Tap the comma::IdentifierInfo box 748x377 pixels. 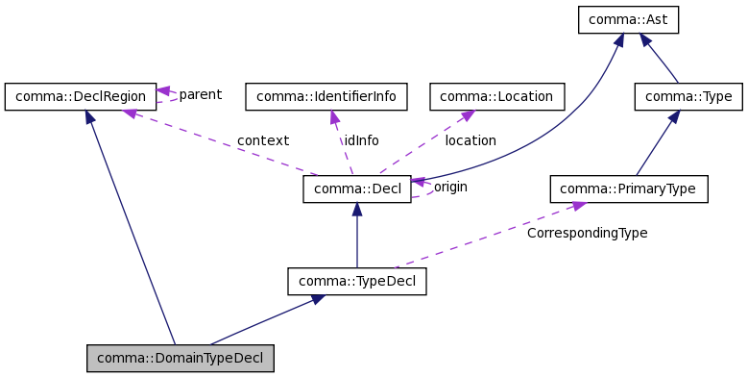[x=326, y=96]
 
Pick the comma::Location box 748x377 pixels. [x=497, y=96]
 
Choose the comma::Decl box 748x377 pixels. [x=357, y=188]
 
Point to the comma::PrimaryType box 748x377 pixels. [x=629, y=188]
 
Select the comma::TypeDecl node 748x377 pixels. [x=357, y=282]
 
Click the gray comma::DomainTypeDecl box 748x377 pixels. [x=181, y=358]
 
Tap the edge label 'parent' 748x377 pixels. [x=200, y=94]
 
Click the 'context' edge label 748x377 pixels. [x=263, y=140]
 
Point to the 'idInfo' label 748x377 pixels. [x=362, y=140]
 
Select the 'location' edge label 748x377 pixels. [x=471, y=140]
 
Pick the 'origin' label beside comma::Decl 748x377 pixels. [x=450, y=187]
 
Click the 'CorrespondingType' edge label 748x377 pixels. [x=587, y=233]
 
